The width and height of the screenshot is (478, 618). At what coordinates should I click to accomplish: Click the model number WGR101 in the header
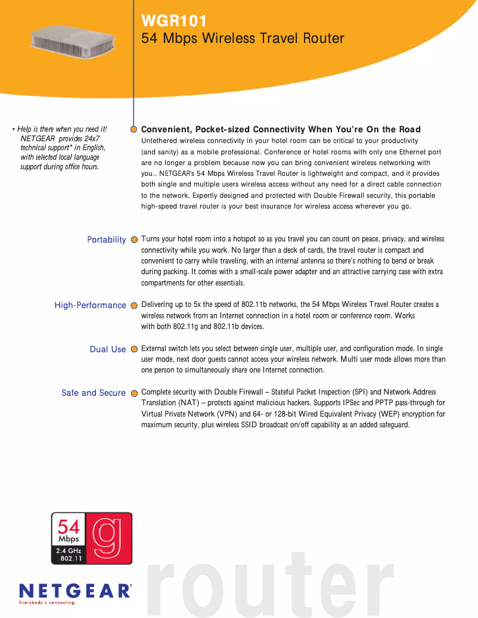(x=174, y=21)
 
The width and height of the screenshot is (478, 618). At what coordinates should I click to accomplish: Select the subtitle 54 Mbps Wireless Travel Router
(x=243, y=39)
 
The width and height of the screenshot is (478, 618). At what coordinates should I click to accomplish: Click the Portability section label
(x=107, y=240)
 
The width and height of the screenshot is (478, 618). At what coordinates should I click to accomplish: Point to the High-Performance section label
(x=91, y=305)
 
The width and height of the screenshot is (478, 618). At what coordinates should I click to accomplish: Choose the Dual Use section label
(x=108, y=349)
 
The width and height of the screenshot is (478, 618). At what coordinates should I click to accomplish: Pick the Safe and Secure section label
(x=94, y=393)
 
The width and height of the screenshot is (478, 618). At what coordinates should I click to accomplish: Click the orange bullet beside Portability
(x=134, y=240)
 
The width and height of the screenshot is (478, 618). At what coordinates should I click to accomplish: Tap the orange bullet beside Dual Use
(x=134, y=349)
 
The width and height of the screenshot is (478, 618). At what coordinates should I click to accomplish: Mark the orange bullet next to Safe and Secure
(x=134, y=393)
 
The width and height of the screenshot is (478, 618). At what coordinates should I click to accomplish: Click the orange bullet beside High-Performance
(x=134, y=306)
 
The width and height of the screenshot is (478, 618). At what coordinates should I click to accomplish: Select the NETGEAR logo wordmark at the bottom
(x=76, y=591)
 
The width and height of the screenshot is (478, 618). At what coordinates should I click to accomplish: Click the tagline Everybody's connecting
(x=48, y=603)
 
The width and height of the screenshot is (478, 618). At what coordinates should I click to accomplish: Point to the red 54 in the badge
(x=69, y=526)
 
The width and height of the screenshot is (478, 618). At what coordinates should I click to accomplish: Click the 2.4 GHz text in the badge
(x=69, y=551)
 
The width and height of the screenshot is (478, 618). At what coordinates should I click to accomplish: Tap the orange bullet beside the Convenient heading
(x=134, y=129)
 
